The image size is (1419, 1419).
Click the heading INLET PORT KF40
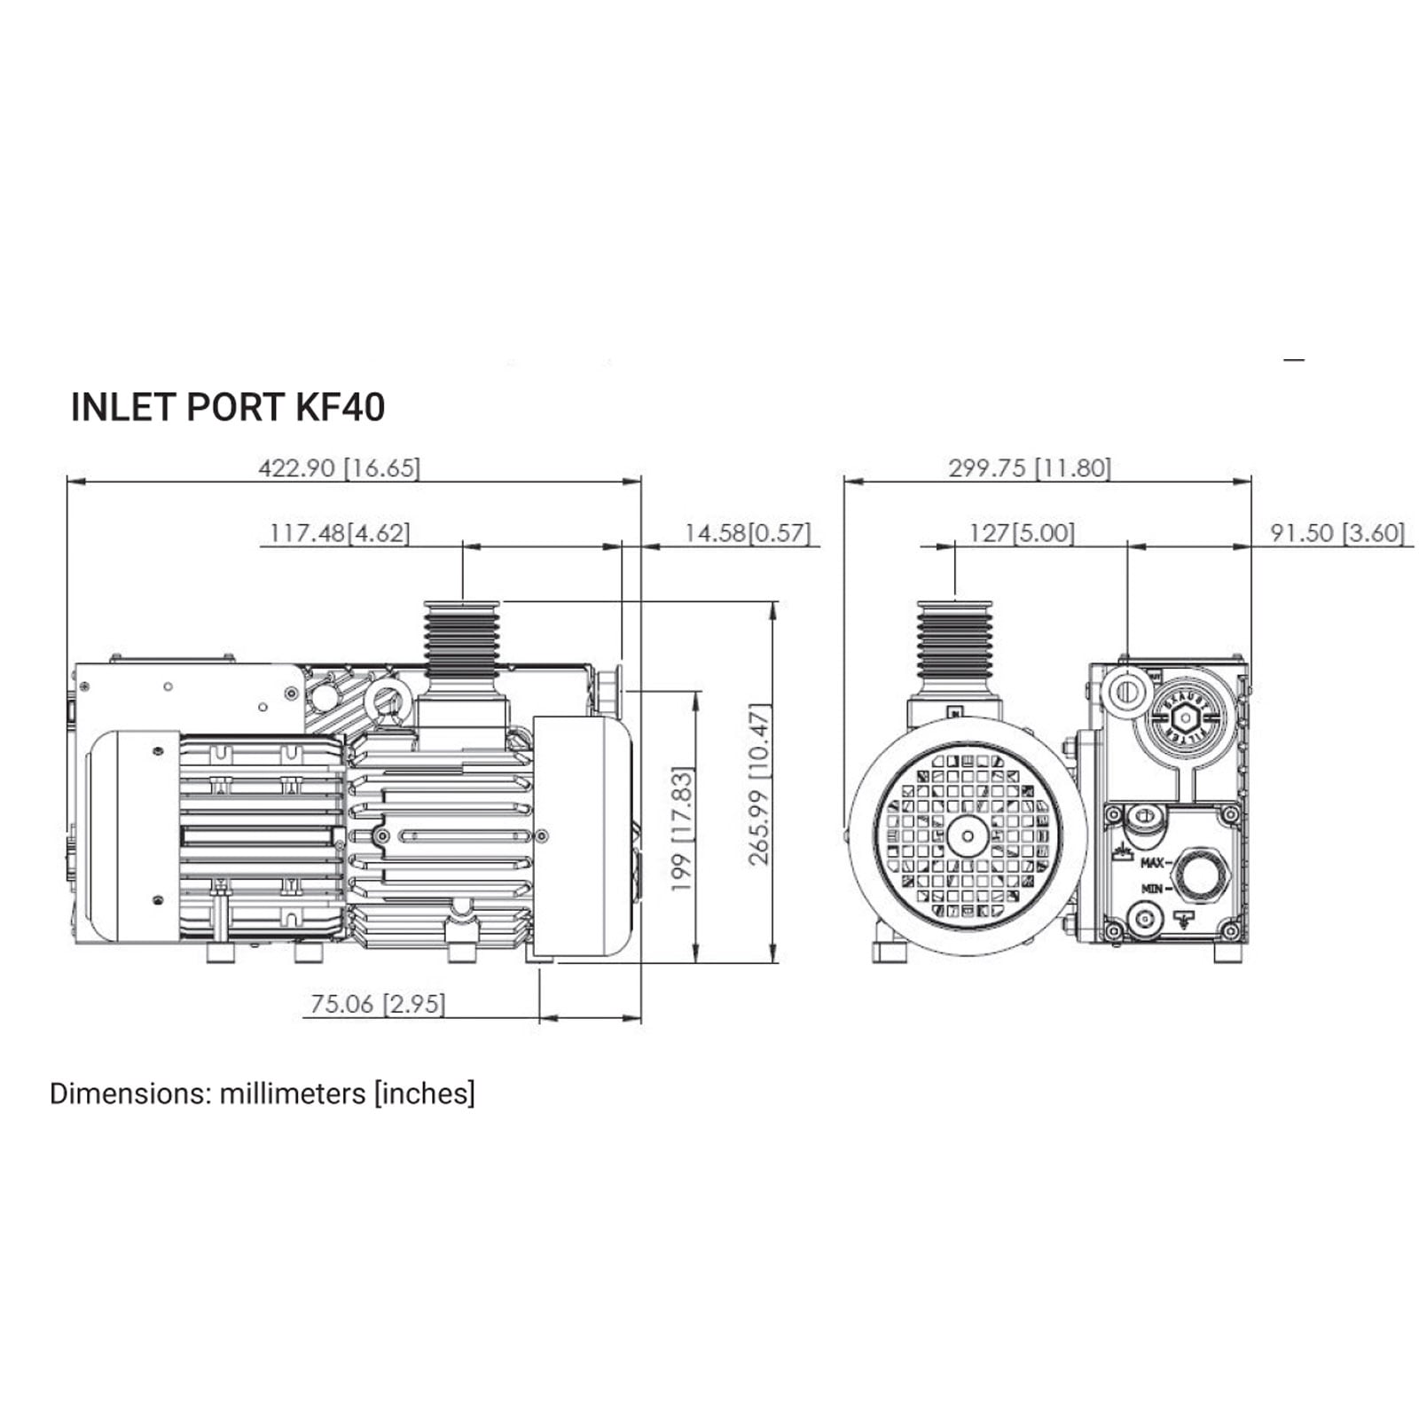pos(227,407)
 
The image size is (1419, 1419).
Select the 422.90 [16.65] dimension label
pos(339,467)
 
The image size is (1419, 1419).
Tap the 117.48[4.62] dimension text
pos(340,533)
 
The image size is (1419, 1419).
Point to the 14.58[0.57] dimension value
pos(747,533)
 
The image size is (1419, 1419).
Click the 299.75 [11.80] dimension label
pos(1029,467)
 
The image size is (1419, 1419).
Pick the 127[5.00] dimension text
pos(1022,533)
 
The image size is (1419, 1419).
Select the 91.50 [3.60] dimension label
pos(1337,533)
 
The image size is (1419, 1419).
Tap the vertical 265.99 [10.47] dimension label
pos(761,784)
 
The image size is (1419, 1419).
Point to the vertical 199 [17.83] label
pos(681,828)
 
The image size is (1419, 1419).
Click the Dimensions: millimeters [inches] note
pos(263,1094)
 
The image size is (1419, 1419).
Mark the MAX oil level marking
pos(1152,862)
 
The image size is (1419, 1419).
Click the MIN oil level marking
pos(1152,888)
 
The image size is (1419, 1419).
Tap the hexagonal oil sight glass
pos(1199,875)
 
